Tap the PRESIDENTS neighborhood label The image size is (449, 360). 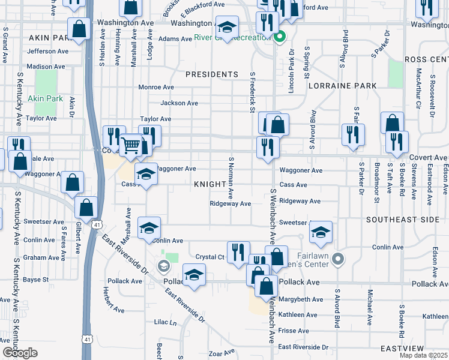click(212, 74)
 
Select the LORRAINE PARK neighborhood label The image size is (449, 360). click(343, 86)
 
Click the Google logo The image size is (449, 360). click(20, 353)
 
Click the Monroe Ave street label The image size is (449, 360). click(156, 88)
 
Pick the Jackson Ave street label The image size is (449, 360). click(179, 103)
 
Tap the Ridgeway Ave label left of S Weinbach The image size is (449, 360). click(230, 204)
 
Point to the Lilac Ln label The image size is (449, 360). click(166, 323)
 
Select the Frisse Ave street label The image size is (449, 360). click(294, 331)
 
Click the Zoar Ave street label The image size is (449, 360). click(221, 354)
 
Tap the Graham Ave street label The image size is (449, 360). click(44, 257)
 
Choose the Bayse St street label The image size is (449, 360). click(36, 280)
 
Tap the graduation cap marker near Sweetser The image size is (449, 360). click(321, 232)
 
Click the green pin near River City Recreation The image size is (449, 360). click(279, 37)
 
